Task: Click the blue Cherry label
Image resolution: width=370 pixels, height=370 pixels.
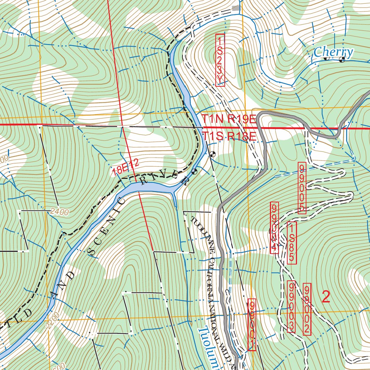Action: pyautogui.click(x=333, y=53)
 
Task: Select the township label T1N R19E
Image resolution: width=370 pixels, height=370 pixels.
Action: pyautogui.click(x=229, y=119)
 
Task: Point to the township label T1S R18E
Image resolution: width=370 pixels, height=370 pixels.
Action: pyautogui.click(x=229, y=136)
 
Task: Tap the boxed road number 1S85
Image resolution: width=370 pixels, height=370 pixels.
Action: pyautogui.click(x=292, y=242)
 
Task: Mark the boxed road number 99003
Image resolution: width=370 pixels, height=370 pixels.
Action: pyautogui.click(x=291, y=307)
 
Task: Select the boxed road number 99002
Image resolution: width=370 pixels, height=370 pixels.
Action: pyautogui.click(x=307, y=309)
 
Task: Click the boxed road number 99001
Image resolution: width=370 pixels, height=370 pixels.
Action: pyautogui.click(x=252, y=324)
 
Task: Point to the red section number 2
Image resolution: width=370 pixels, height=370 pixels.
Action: pyautogui.click(x=326, y=297)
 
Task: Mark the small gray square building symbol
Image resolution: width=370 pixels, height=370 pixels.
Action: pyautogui.click(x=236, y=8)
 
